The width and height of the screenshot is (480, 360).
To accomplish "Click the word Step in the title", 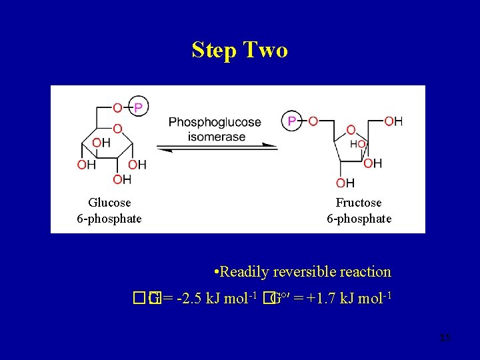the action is coord(214,50).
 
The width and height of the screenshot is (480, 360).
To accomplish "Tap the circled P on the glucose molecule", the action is coord(138,106).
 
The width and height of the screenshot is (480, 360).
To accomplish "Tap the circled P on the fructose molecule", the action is coord(291,121).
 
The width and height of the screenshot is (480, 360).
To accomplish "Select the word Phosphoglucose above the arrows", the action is coord(215,122).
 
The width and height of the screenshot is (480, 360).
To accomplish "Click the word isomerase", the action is coord(217,137).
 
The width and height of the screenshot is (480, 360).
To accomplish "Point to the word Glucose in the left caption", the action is coord(109,202).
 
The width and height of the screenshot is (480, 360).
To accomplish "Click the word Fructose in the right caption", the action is coord(359,202).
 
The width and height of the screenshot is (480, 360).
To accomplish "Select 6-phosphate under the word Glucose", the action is coord(109,218).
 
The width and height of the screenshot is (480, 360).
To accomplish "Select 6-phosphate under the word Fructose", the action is coord(359,218).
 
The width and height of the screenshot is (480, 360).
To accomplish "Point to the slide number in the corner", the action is coord(445,339).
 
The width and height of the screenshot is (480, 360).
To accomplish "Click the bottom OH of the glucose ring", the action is coord(122,179).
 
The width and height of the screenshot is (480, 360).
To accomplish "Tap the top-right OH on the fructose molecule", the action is coord(393,121).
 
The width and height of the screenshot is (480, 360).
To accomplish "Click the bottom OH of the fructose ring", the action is coord(345,183).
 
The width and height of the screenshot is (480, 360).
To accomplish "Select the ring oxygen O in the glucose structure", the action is coord(117,128).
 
